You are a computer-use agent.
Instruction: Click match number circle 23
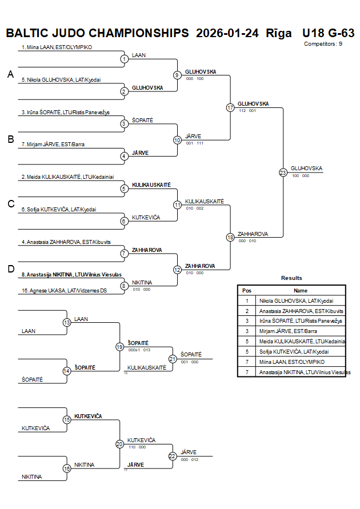coord(283,173)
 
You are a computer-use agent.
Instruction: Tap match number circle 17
coord(230,107)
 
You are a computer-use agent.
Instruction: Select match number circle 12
coord(177,270)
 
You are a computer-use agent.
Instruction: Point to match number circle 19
coord(119,347)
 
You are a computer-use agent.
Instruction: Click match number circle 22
coord(173,456)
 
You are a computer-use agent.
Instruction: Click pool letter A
coord(10,74)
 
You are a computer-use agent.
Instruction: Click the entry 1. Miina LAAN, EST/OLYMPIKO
coord(57,47)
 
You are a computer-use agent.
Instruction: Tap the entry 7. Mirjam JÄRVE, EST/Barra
coord(53,145)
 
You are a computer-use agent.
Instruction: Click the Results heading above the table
coord(291,278)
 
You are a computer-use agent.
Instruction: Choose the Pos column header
coord(247,290)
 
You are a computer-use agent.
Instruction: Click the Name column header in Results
coord(300,290)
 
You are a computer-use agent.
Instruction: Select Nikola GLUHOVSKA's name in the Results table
coord(295,300)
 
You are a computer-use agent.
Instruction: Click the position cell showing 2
coord(247,311)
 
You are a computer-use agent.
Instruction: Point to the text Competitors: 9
coord(323,43)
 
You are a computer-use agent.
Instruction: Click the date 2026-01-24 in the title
coord(227,33)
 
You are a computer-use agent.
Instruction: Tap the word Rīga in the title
coord(278,33)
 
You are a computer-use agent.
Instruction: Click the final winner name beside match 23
coord(306,169)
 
